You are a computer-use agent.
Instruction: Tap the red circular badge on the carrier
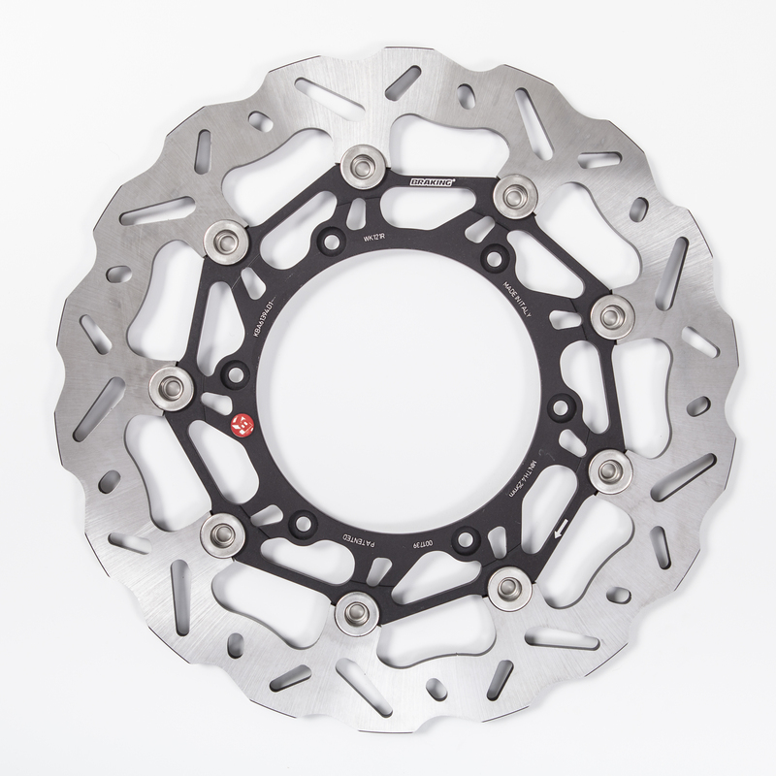[243, 424]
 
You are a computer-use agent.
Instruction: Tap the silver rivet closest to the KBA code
[226, 236]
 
